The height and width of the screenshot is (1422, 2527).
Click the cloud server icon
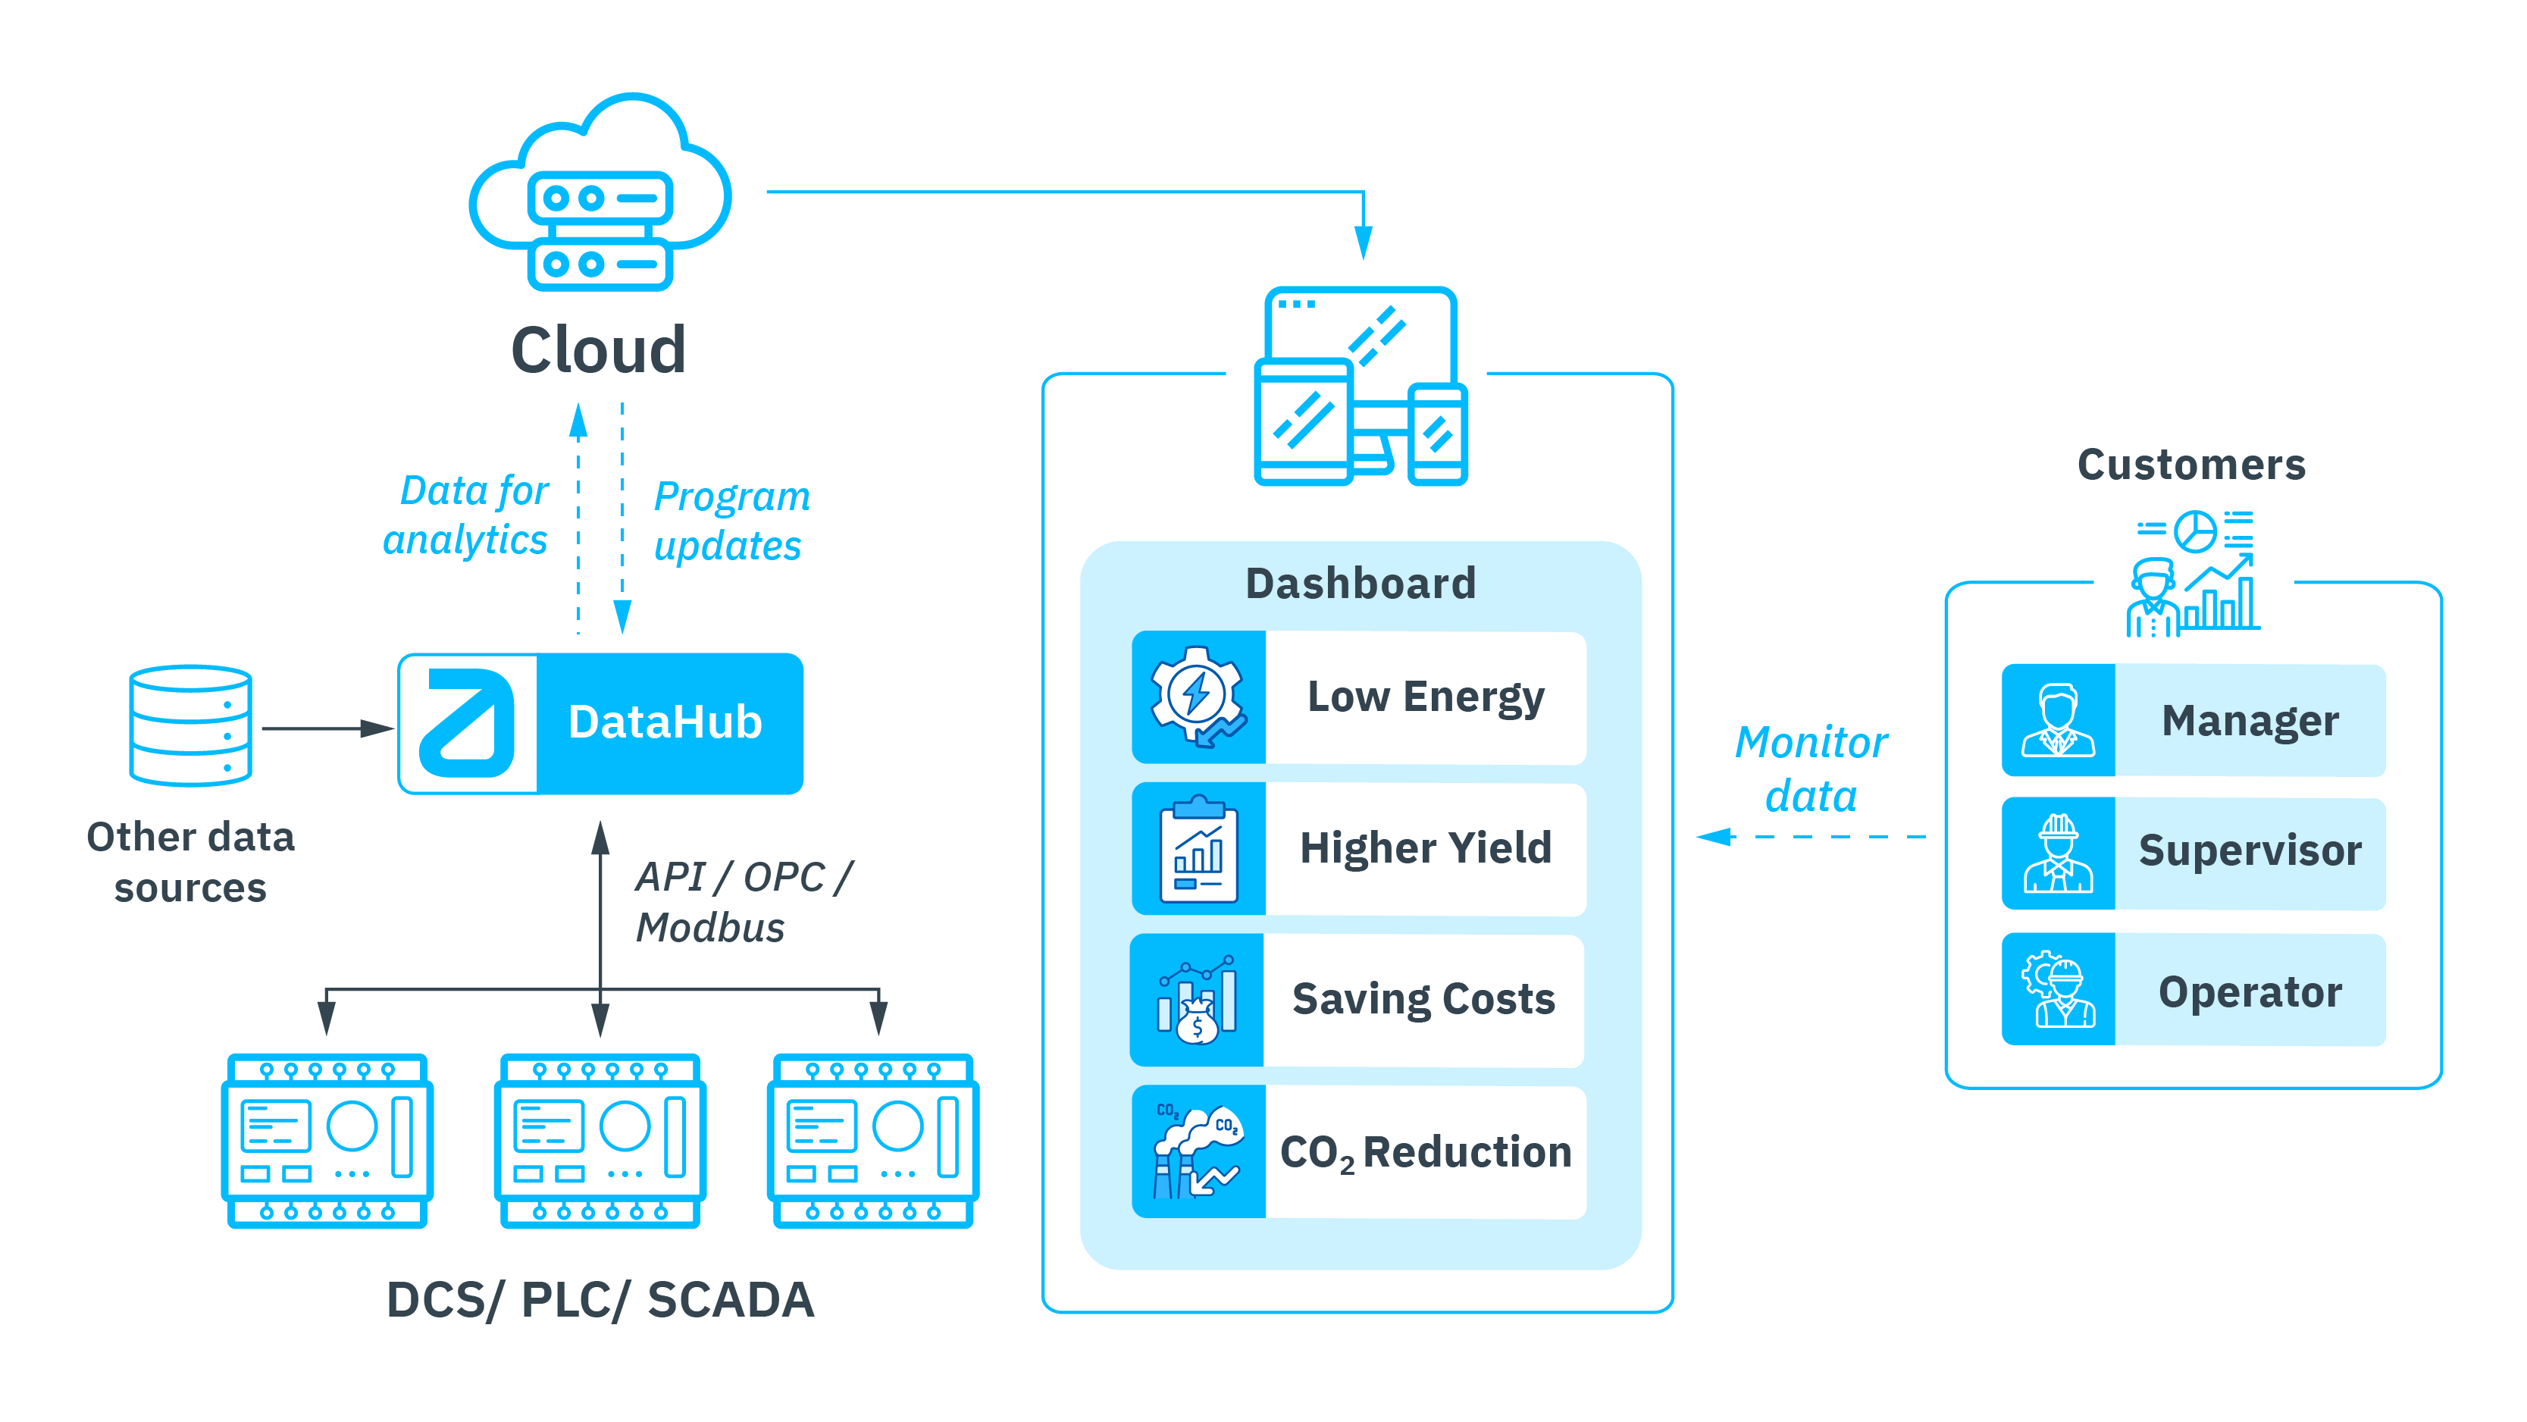point(600,194)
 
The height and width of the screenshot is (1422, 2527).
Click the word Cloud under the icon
point(598,350)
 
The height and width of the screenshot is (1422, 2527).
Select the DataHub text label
point(665,722)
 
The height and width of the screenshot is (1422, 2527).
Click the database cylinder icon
point(190,725)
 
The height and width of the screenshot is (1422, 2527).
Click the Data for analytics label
point(466,515)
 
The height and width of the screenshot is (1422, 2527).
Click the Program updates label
point(731,521)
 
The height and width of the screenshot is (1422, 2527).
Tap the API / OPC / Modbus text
point(743,902)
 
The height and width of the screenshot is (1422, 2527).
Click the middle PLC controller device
point(600,1140)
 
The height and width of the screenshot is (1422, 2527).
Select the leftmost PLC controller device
point(327,1140)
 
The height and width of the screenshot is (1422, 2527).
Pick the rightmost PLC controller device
point(872,1140)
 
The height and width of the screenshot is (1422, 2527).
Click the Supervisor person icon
point(2057,853)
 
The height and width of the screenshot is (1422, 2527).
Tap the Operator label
point(2250,991)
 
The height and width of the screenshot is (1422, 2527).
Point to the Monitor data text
point(1811,769)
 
